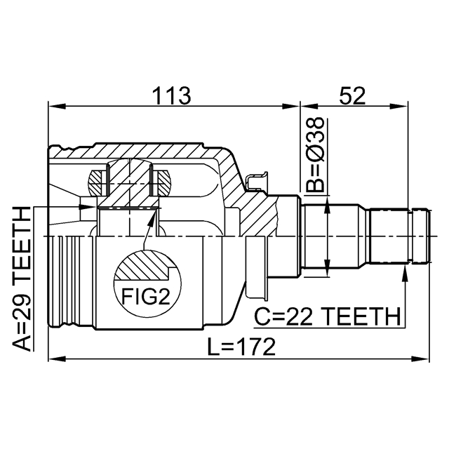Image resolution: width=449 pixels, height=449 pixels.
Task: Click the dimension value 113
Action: [173, 95]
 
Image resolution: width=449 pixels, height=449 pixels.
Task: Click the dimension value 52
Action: [352, 95]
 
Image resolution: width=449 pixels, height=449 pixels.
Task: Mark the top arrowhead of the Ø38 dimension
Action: [327, 205]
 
